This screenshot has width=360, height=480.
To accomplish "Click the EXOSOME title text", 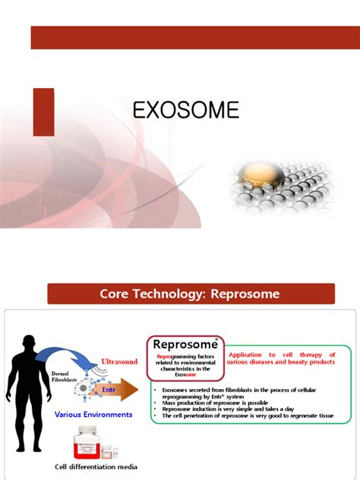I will click(x=186, y=111).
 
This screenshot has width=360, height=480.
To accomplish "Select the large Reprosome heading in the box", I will click(x=180, y=345).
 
